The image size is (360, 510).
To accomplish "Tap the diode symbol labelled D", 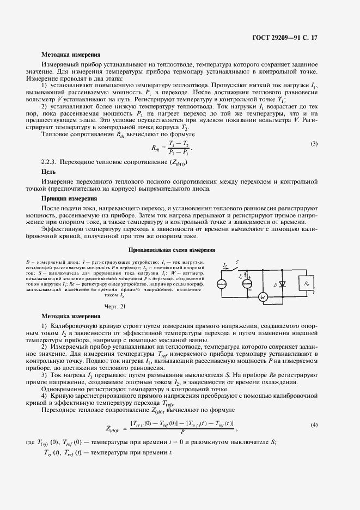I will click(x=283, y=284).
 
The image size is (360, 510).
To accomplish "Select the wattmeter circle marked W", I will click(x=262, y=297).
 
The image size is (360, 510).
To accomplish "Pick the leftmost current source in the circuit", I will click(x=222, y=284).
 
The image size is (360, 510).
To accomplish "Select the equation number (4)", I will click(x=314, y=424).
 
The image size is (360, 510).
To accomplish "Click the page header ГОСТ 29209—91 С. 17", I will click(x=292, y=38).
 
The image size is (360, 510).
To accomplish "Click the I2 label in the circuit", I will click(x=241, y=276).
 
